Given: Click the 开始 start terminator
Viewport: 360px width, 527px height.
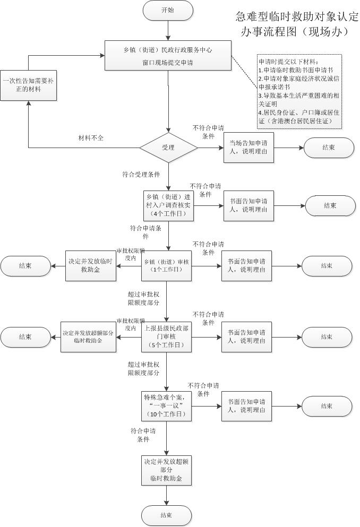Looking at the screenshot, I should [167, 11].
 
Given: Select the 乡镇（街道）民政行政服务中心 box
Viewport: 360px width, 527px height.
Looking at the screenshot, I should [168, 56].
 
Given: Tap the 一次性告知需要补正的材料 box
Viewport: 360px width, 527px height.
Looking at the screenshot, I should [28, 85].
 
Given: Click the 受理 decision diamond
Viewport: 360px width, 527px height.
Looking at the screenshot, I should [168, 147].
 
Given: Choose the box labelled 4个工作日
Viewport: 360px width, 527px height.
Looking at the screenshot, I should [168, 205].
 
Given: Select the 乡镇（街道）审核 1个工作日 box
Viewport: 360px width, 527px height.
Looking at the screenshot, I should [168, 265].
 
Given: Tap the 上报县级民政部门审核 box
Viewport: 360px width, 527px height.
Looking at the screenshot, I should [168, 336].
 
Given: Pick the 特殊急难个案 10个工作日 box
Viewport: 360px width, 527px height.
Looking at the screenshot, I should [168, 406].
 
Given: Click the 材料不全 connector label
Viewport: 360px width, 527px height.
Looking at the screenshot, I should [91, 138].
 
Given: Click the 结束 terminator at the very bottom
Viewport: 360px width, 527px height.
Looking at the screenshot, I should [166, 515].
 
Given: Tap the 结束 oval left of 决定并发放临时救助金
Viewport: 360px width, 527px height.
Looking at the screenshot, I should [25, 265].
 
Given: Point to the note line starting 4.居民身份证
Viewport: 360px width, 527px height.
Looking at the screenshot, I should [299, 113].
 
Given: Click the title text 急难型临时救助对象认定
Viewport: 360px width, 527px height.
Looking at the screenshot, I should [297, 16].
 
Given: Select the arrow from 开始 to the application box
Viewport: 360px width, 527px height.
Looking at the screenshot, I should [168, 30].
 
